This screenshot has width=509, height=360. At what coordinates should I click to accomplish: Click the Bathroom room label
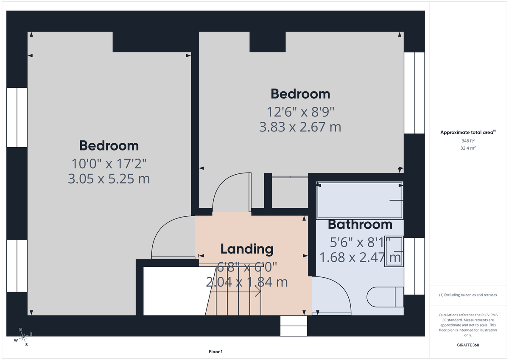pyautogui.click(x=360, y=224)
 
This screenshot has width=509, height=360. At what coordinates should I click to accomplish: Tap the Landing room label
pyautogui.click(x=246, y=249)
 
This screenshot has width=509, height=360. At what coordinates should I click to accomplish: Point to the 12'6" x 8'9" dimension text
pyautogui.click(x=300, y=112)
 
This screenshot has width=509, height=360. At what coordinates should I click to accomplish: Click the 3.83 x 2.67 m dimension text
pyautogui.click(x=300, y=127)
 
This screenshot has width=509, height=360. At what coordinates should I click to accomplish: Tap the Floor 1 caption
pyautogui.click(x=215, y=352)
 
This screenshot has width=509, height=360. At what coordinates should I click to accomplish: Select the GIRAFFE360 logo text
pyautogui.click(x=468, y=345)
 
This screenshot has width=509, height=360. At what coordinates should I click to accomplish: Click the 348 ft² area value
pyautogui.click(x=468, y=141)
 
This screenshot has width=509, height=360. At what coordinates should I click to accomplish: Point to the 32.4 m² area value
pyautogui.click(x=468, y=148)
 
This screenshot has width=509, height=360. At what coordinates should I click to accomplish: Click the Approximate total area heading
pyautogui.click(x=468, y=132)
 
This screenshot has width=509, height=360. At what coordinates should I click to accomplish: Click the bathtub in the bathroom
pyautogui.click(x=360, y=200)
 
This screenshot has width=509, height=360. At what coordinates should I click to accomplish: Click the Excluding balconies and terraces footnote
pyautogui.click(x=468, y=295)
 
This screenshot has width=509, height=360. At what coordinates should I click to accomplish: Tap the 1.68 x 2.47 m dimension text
pyautogui.click(x=360, y=257)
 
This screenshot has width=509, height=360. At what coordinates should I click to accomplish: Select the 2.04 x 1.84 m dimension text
pyautogui.click(x=246, y=282)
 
